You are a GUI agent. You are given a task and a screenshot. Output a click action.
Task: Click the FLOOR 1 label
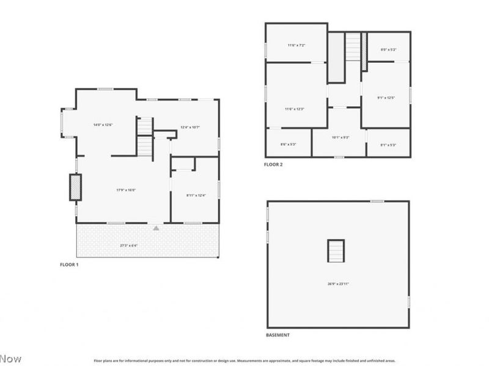click(x=68, y=265)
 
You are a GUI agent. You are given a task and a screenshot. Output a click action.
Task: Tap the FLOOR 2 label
click(x=273, y=164)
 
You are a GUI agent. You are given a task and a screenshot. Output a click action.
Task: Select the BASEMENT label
click(x=278, y=335)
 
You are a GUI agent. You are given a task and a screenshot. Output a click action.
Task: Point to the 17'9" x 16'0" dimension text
click(x=126, y=190)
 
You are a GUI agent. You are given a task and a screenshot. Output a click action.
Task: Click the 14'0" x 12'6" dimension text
click(x=103, y=125)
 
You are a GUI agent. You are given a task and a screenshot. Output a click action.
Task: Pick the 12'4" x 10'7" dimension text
click(x=190, y=127)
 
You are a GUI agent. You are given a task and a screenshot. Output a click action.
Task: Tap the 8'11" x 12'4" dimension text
click(x=196, y=195)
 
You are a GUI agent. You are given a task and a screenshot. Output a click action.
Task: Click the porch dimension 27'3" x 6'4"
click(x=128, y=246)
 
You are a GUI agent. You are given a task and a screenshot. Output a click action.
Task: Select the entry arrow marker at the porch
click(x=156, y=228)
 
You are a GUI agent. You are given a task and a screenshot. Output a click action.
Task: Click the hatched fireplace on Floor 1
click(x=75, y=187)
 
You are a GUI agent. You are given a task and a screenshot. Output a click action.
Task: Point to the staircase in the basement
click(x=336, y=251)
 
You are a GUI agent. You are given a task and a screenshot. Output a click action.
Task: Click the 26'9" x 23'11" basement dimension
click(x=339, y=284)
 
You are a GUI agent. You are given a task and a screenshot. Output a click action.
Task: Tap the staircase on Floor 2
click(x=353, y=47)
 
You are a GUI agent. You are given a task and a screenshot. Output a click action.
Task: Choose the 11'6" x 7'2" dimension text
click(x=296, y=45)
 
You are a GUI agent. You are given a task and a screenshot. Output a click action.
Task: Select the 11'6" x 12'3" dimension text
click(x=294, y=109)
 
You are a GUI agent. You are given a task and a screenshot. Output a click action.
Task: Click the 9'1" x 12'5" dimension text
click(x=386, y=98)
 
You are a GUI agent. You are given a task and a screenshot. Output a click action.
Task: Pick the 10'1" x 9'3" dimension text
click(x=340, y=138)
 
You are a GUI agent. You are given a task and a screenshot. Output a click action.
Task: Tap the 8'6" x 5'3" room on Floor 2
click(x=289, y=144)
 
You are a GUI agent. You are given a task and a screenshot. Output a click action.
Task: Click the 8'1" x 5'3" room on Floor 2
click(x=388, y=145)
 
